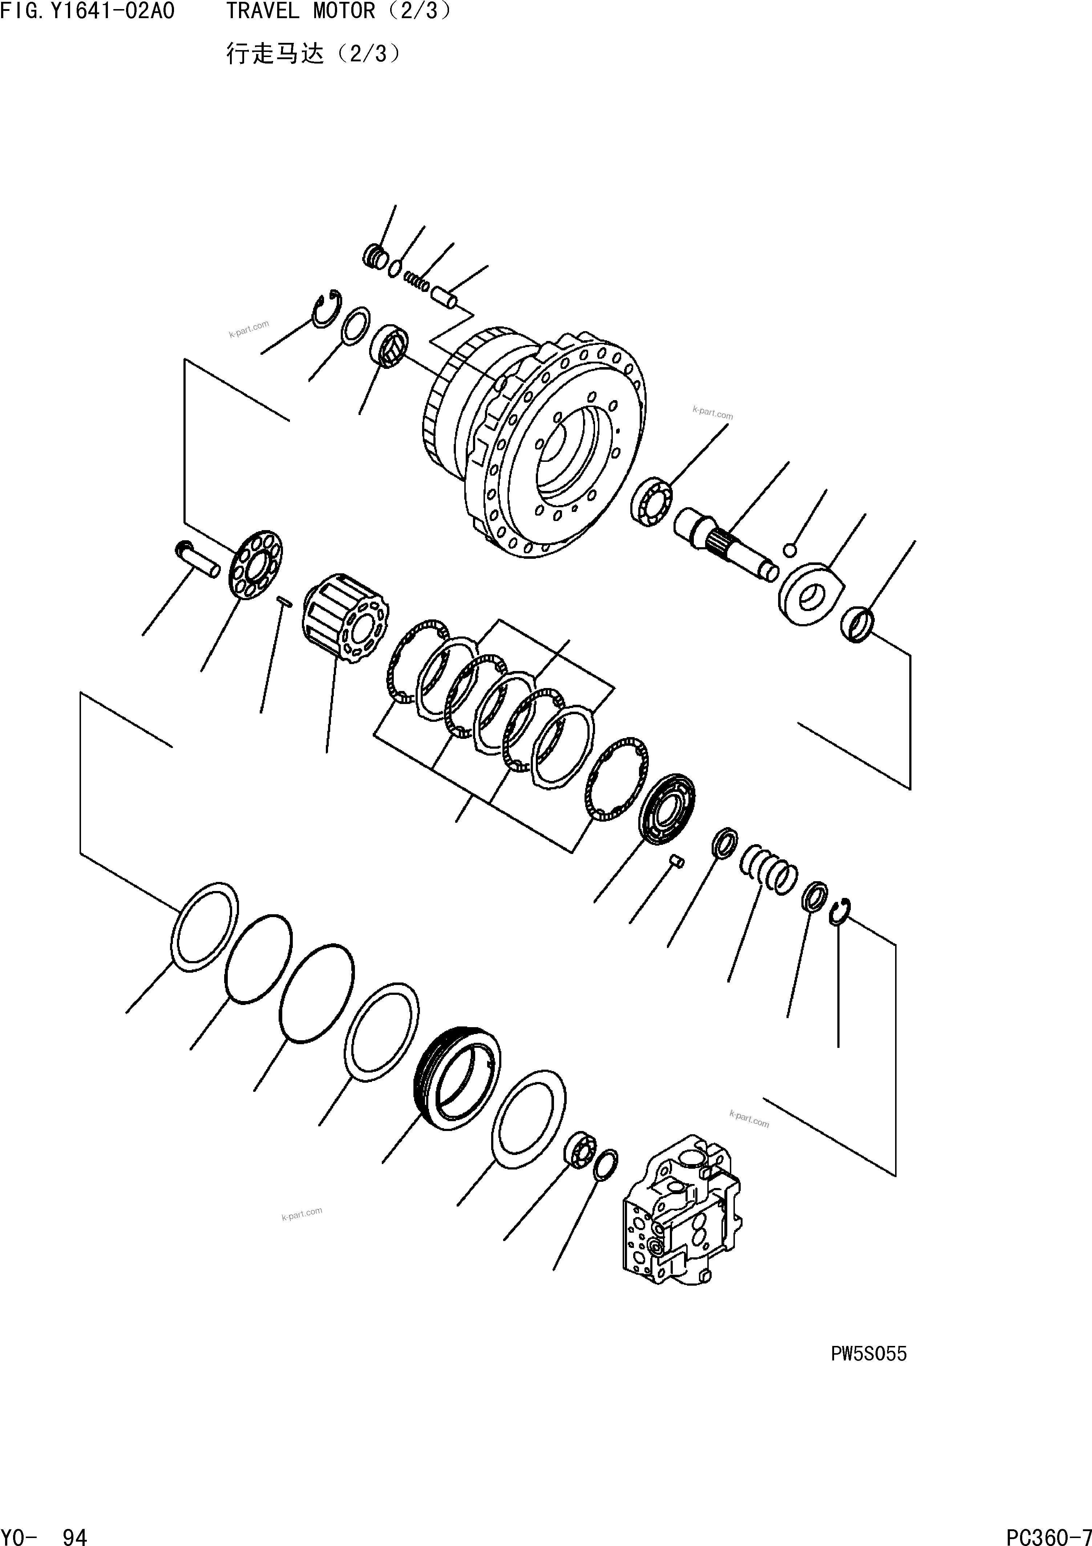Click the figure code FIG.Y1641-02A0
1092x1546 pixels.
[88, 12]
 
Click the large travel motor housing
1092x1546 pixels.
[539, 438]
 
